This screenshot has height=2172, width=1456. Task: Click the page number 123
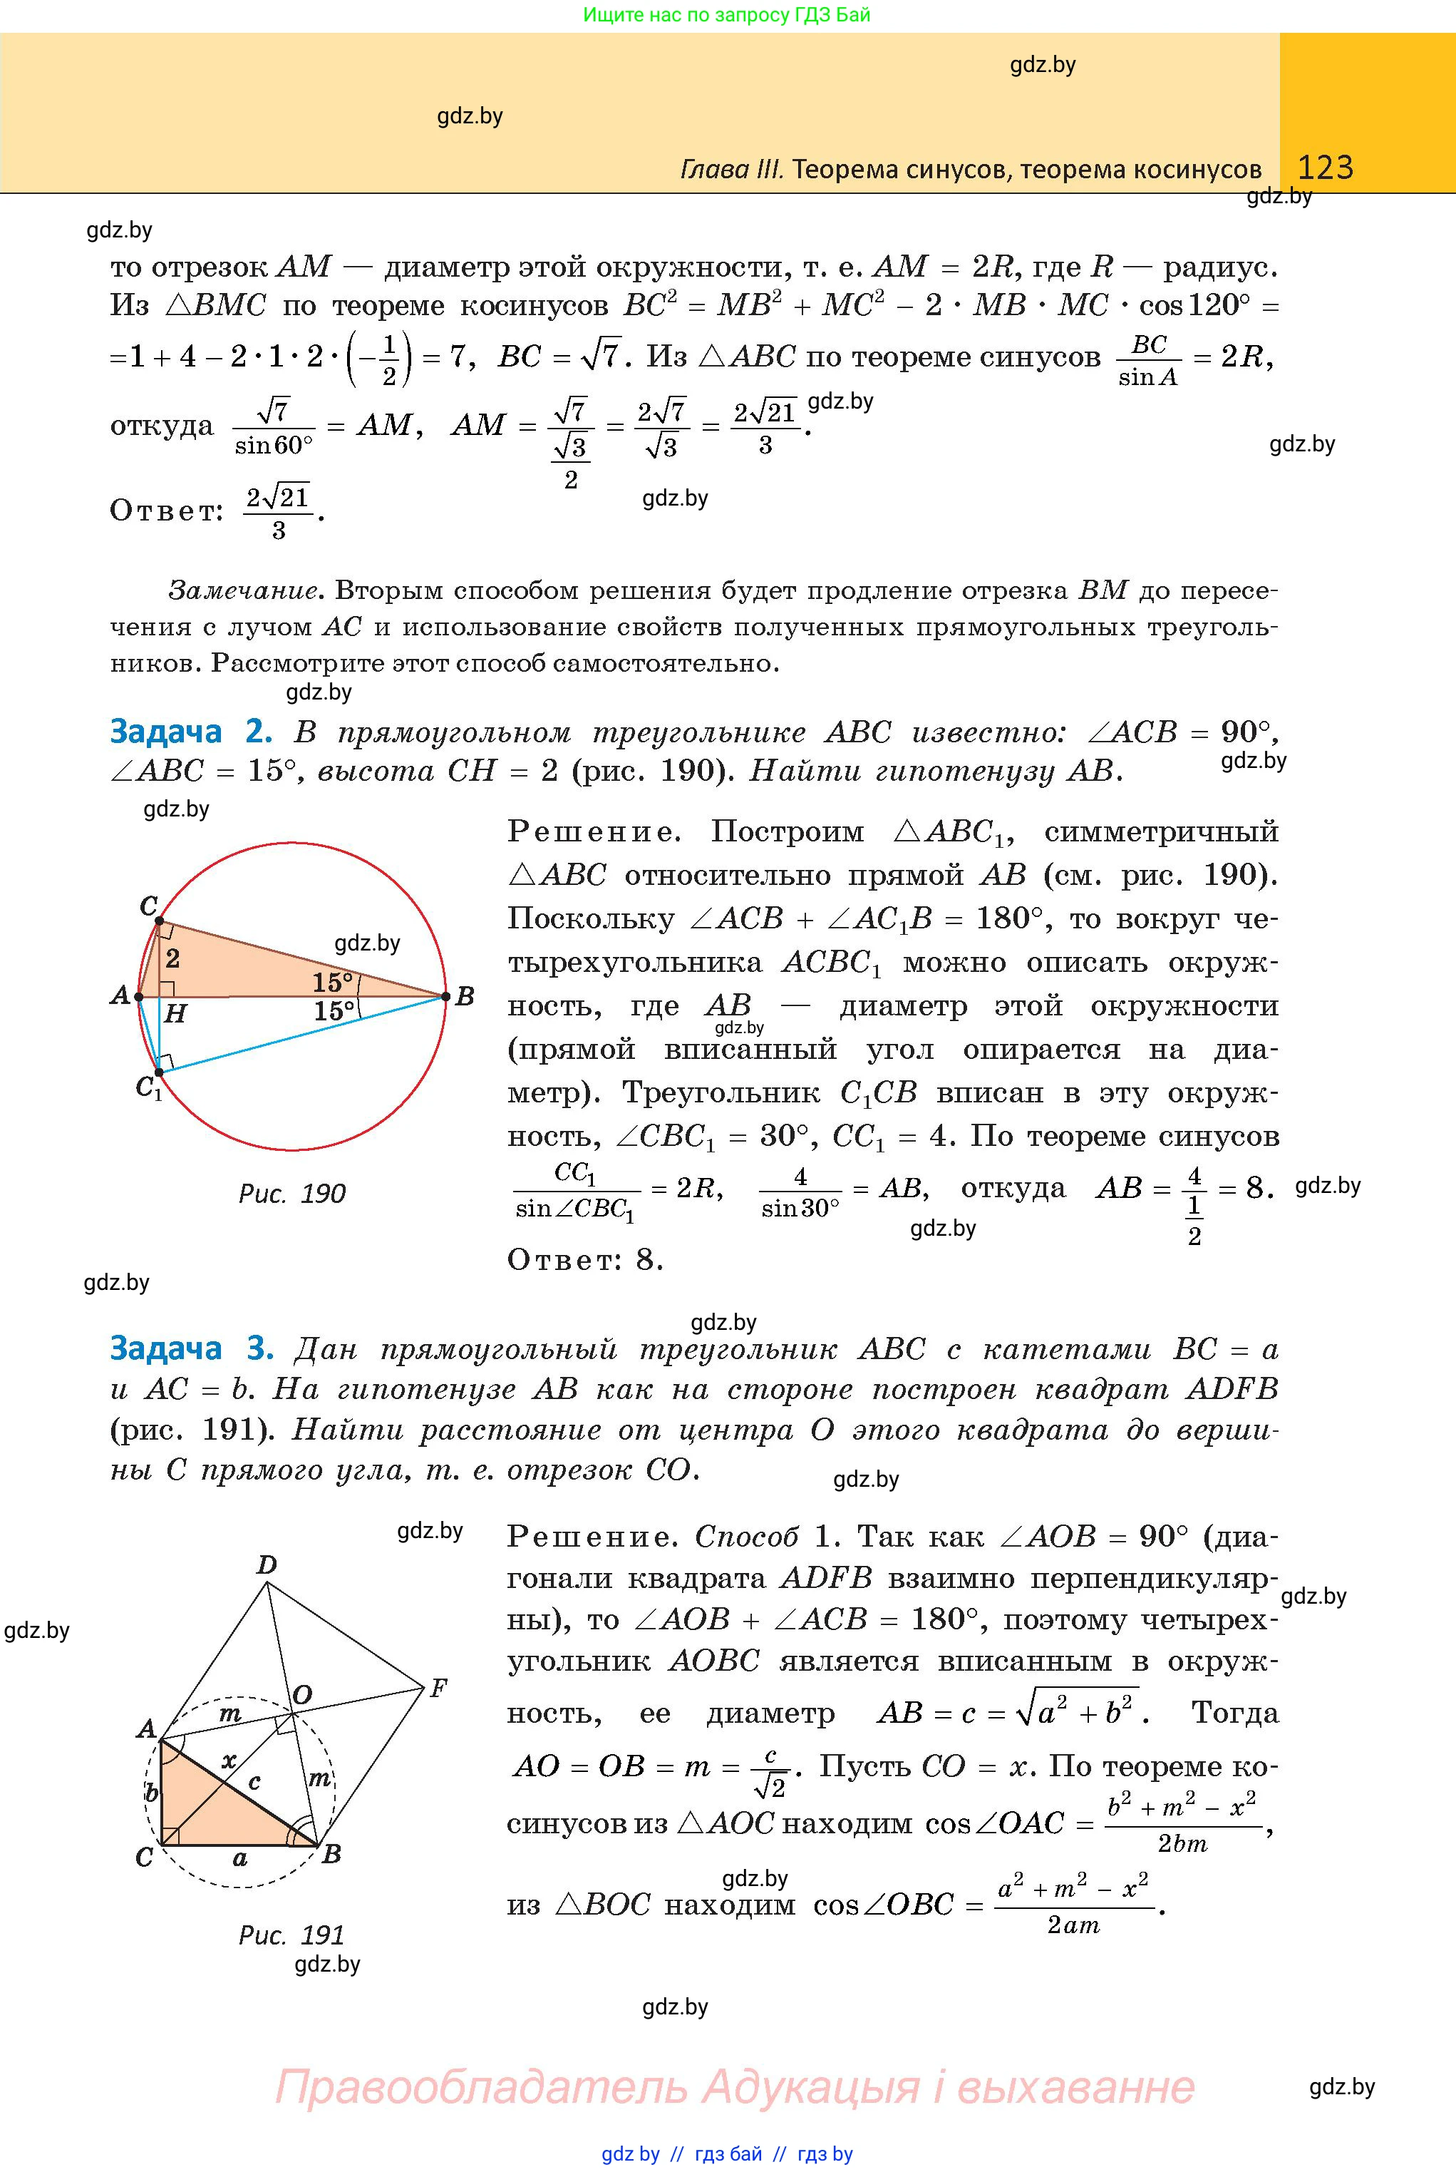point(1325,168)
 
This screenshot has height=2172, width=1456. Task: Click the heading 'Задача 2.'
point(190,732)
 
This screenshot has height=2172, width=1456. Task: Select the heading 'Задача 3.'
point(191,1348)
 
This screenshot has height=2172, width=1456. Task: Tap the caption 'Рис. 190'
point(291,1194)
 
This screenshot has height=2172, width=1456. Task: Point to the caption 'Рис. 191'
point(291,1935)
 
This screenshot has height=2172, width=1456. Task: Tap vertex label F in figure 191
point(438,1688)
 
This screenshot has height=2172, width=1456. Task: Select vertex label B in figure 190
point(465,997)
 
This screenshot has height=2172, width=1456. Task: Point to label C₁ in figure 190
point(148,1086)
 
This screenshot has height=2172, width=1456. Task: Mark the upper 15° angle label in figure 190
point(332,982)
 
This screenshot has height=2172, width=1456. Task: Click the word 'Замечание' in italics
point(245,591)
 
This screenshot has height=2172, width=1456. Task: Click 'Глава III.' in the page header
point(732,169)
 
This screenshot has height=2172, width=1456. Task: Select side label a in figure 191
point(240,1858)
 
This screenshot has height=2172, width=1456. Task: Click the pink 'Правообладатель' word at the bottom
point(481,2087)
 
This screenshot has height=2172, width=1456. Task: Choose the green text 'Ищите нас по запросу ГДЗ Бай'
point(727,15)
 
